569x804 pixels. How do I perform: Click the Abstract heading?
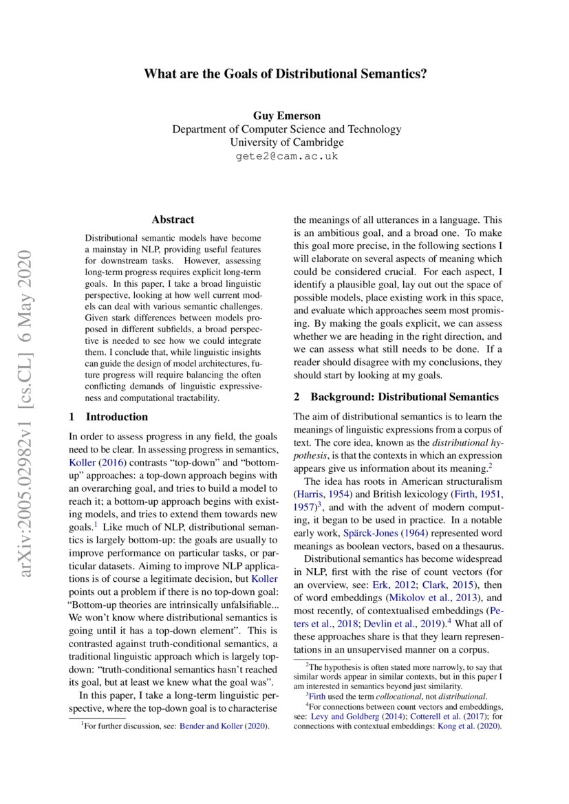173,220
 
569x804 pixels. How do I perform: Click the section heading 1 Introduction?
109,417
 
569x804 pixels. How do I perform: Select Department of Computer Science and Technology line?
286,129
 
